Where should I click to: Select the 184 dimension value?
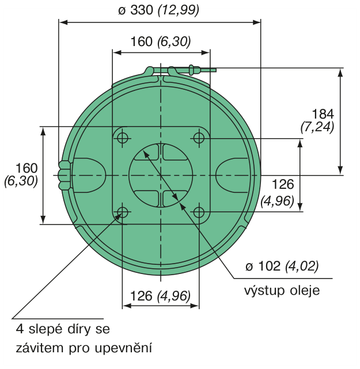[x=323, y=114]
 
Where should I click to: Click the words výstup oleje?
[x=282, y=291]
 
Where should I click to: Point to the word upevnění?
[x=123, y=348]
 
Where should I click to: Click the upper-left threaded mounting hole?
[x=123, y=138]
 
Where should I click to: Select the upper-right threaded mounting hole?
[x=199, y=138]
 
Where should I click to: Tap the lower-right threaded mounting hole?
[x=199, y=213]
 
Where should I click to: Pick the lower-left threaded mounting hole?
[x=123, y=213]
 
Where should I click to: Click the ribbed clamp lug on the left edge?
[x=65, y=176]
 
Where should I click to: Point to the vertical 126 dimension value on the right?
[x=283, y=184]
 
